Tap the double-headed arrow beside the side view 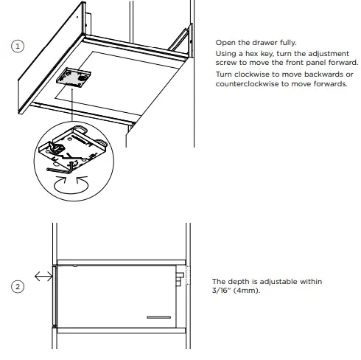coord(42,277)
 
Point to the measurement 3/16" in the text coord(222,290)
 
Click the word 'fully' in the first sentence coord(284,42)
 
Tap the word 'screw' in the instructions coord(228,63)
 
